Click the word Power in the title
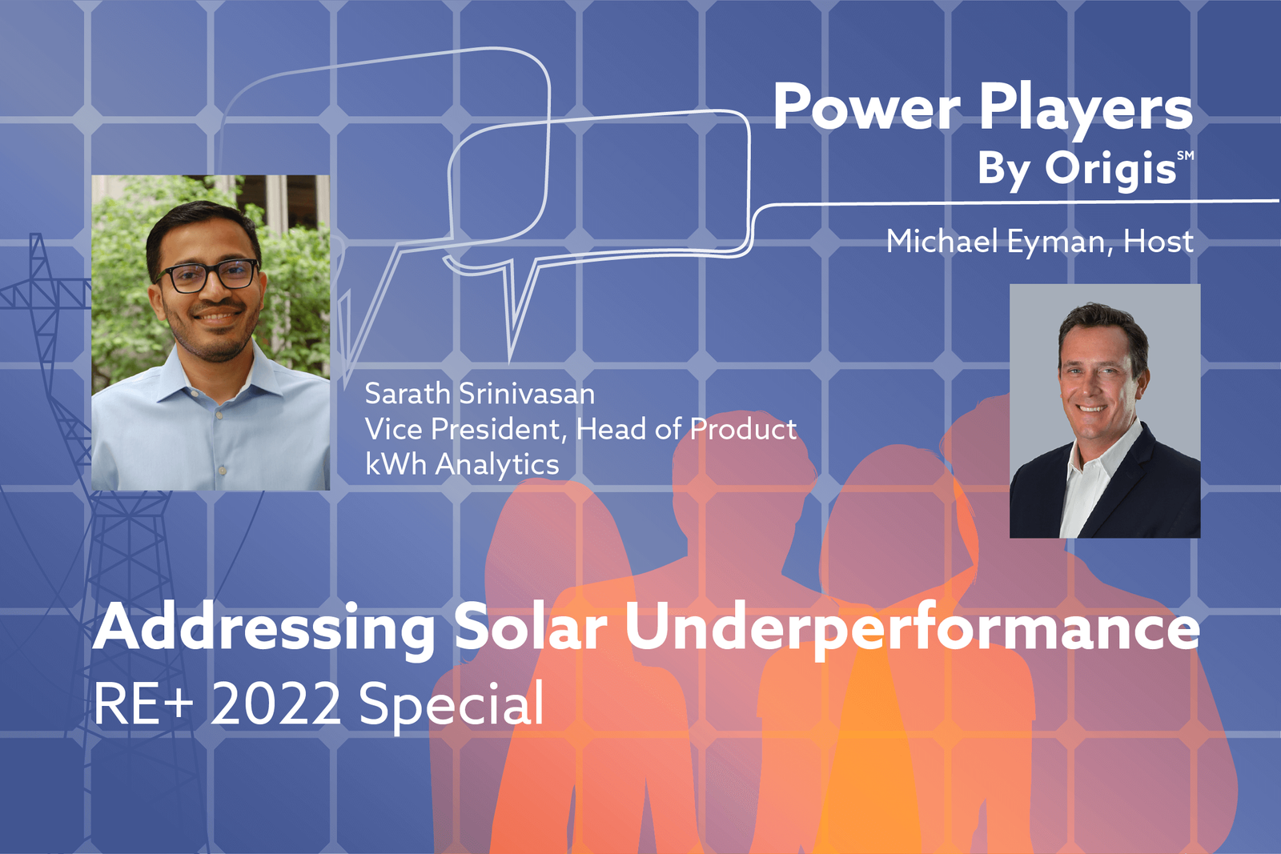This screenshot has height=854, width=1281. (x=866, y=108)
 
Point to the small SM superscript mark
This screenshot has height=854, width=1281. (x=1185, y=155)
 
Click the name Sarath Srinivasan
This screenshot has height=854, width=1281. (x=480, y=394)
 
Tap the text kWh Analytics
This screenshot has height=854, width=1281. (x=462, y=464)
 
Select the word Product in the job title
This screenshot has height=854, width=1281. (x=743, y=430)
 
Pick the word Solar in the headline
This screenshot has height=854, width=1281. (x=530, y=628)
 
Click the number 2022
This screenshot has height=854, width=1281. (x=275, y=704)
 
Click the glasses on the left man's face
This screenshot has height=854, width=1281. (x=209, y=276)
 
